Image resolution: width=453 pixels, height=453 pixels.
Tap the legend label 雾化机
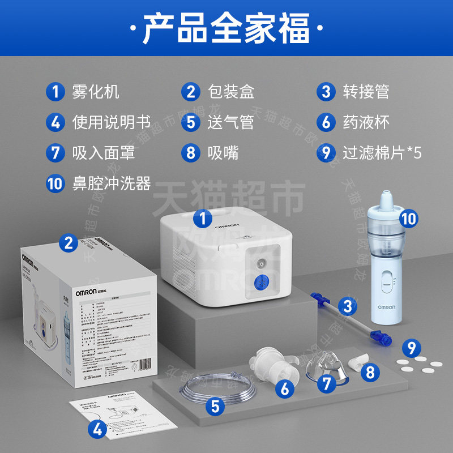(96, 92)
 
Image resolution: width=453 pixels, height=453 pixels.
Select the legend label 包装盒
(230, 92)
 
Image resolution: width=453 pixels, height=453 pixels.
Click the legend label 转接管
(366, 92)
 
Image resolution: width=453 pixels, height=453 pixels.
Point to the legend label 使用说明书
(111, 122)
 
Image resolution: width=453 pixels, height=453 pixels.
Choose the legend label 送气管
(230, 122)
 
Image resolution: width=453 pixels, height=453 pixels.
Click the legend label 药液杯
(366, 122)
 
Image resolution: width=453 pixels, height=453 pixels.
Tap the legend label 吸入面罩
(104, 152)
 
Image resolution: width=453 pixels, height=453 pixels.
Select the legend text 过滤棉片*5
(382, 152)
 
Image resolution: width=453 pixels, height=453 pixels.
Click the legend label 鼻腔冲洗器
(111, 183)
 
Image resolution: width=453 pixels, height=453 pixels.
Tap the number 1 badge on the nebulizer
(203, 217)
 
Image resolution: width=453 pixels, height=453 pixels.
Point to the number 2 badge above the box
(69, 243)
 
